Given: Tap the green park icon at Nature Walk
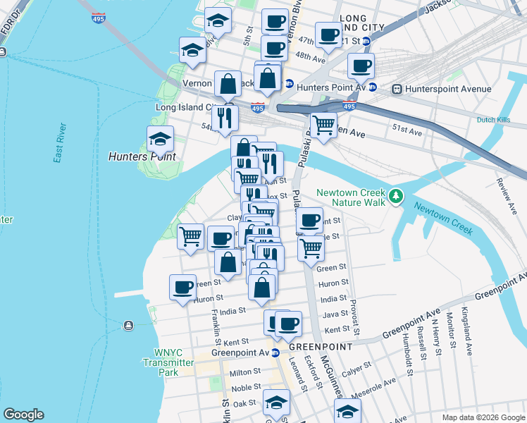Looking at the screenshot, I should point(397,195).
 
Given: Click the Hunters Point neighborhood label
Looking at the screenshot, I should point(142,156).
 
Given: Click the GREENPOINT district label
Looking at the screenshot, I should point(321,347).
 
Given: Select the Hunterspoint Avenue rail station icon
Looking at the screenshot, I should point(397,90).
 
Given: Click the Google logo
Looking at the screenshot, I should point(23,415).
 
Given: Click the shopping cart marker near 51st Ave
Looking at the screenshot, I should point(323,126).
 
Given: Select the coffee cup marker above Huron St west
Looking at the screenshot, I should point(182,288).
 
